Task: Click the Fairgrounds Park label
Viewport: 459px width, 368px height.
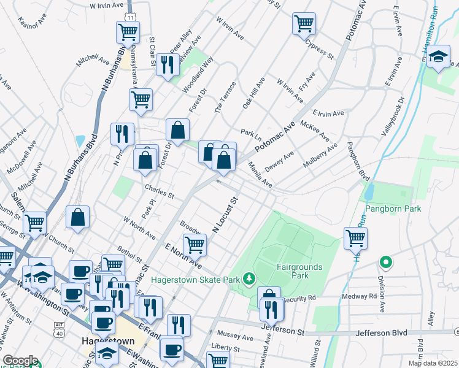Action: pos(300,270)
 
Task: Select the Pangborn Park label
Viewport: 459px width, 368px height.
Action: pos(394,209)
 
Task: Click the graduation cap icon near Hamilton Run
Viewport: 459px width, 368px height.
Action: pos(438,58)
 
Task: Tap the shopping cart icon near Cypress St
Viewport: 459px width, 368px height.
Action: pos(304,24)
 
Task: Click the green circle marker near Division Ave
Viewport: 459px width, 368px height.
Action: pos(386,263)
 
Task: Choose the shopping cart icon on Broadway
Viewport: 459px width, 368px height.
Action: pos(195,245)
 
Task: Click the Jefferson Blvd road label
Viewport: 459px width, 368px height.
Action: pos(382,333)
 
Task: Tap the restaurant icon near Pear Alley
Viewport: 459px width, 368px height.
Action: pos(167,64)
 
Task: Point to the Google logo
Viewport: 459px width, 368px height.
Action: pos(20,360)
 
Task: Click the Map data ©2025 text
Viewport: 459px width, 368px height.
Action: pos(432,362)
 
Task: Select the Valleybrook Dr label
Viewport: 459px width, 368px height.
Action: pos(393,117)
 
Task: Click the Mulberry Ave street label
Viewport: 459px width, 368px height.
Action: pos(320,157)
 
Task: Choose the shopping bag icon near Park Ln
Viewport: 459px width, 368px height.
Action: pos(177,129)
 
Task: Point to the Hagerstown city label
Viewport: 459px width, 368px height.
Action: pos(104,339)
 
